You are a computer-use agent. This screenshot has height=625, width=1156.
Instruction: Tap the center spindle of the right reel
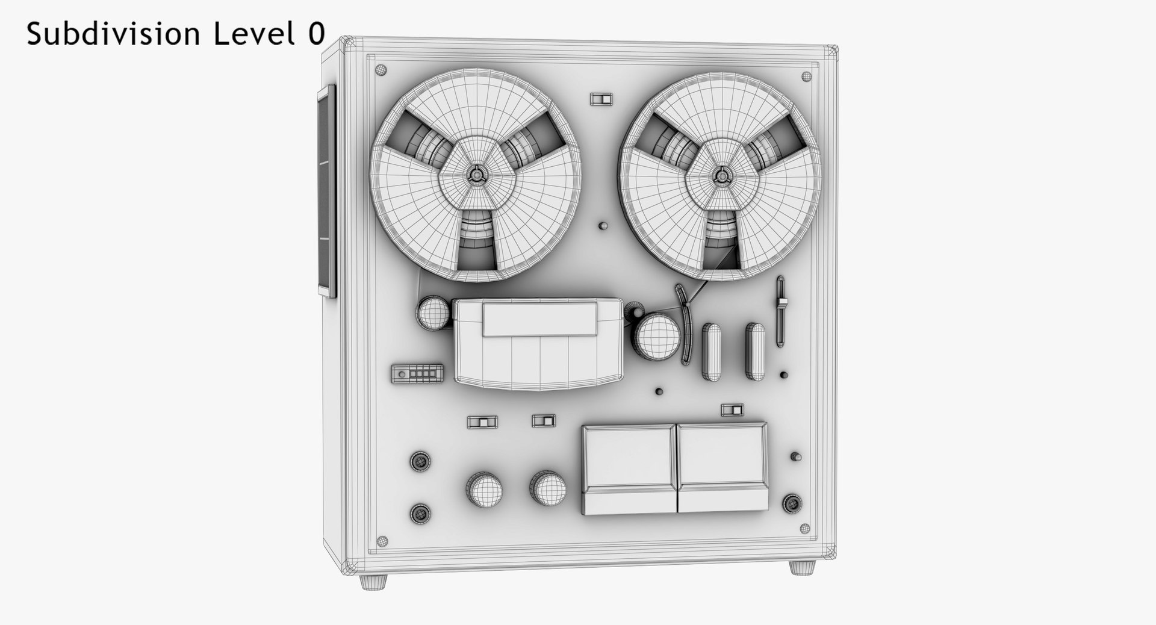[721, 176]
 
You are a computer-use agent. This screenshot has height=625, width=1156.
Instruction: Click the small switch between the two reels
[600, 99]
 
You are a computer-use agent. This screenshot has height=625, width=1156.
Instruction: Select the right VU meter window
[722, 456]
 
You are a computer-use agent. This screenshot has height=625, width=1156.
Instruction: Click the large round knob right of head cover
[657, 338]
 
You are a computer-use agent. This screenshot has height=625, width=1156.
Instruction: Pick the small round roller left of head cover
[433, 313]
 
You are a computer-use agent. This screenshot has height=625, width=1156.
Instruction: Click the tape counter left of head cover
[417, 373]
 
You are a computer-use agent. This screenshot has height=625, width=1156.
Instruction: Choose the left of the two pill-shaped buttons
[711, 352]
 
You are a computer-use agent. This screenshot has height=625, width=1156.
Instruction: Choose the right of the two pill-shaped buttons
[755, 352]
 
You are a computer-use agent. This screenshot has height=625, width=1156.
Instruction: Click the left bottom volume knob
[484, 489]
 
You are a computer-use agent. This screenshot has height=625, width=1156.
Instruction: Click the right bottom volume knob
[548, 488]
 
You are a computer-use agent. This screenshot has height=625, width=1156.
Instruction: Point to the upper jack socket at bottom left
[420, 462]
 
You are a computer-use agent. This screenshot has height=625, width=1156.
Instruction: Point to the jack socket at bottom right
[792, 503]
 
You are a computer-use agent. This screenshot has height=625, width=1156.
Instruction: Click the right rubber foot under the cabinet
[802, 567]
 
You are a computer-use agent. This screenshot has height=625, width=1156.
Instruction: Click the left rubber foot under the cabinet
[373, 582]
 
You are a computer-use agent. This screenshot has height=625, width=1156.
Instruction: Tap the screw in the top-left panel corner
[381, 70]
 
